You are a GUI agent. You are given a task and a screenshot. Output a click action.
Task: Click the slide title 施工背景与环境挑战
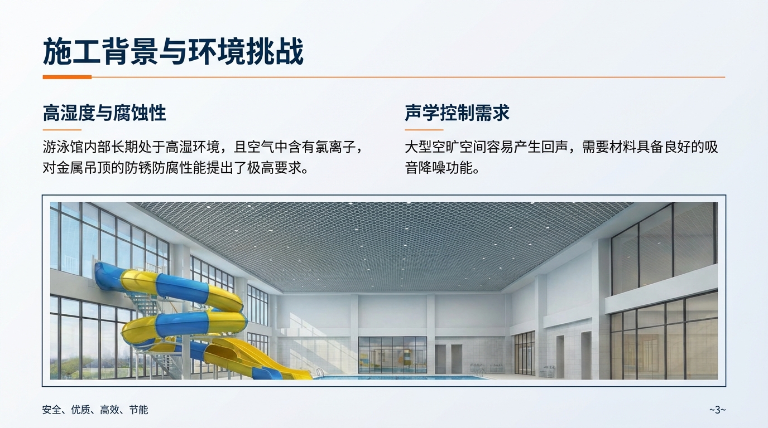tap(173, 52)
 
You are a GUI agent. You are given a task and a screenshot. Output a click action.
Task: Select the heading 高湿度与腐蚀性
tap(104, 113)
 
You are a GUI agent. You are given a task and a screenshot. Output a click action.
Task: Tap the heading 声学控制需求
tap(457, 113)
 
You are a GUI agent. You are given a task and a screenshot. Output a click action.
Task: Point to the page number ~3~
tap(717, 410)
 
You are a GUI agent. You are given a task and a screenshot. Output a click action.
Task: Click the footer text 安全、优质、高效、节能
tap(95, 410)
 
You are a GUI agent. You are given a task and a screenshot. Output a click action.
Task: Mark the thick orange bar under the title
tap(67, 77)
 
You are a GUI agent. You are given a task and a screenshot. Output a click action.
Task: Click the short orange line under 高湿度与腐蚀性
tap(62, 130)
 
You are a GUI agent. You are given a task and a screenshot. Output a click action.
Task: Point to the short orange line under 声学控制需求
tap(424, 130)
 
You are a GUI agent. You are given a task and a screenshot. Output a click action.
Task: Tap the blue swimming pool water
tap(402, 377)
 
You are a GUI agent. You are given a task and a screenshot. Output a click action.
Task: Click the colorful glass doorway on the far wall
tap(392, 354)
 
